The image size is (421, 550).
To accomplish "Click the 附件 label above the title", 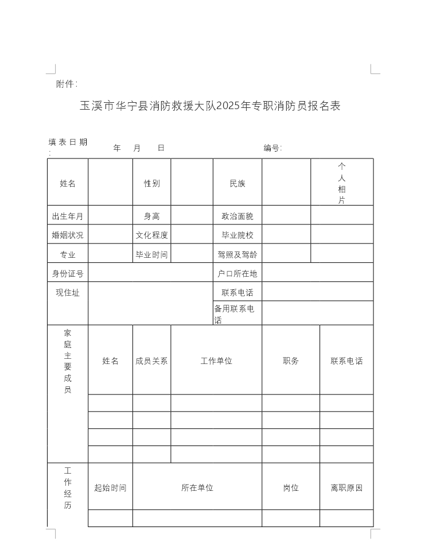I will point(66,84).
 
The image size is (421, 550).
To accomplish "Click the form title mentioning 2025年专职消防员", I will point(210,106).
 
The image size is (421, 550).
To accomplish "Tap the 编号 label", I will point(272,148).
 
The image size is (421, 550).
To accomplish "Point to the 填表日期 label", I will point(68,142).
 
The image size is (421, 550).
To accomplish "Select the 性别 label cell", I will point(152,184).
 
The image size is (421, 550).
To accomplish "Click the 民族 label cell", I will point(237,184).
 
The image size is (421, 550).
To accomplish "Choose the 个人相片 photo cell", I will point(342,183).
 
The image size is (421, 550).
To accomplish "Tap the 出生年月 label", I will point(68,216).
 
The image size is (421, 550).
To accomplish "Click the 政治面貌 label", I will point(237,216).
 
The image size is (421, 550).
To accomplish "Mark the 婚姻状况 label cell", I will point(68,235).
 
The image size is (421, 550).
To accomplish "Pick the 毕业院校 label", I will point(237,235).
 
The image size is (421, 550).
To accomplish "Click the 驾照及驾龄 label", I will point(237,254).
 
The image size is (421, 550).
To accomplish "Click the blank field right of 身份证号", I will point(150,273).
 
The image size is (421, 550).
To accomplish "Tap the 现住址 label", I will point(68,293).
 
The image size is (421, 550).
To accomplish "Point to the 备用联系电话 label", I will point(235,314).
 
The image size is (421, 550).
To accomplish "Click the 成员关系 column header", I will point(152,361).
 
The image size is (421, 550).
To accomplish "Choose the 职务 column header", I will point(291,361).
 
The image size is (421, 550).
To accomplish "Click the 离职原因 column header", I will point(346,488).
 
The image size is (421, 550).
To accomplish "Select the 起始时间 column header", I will point(111,488).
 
